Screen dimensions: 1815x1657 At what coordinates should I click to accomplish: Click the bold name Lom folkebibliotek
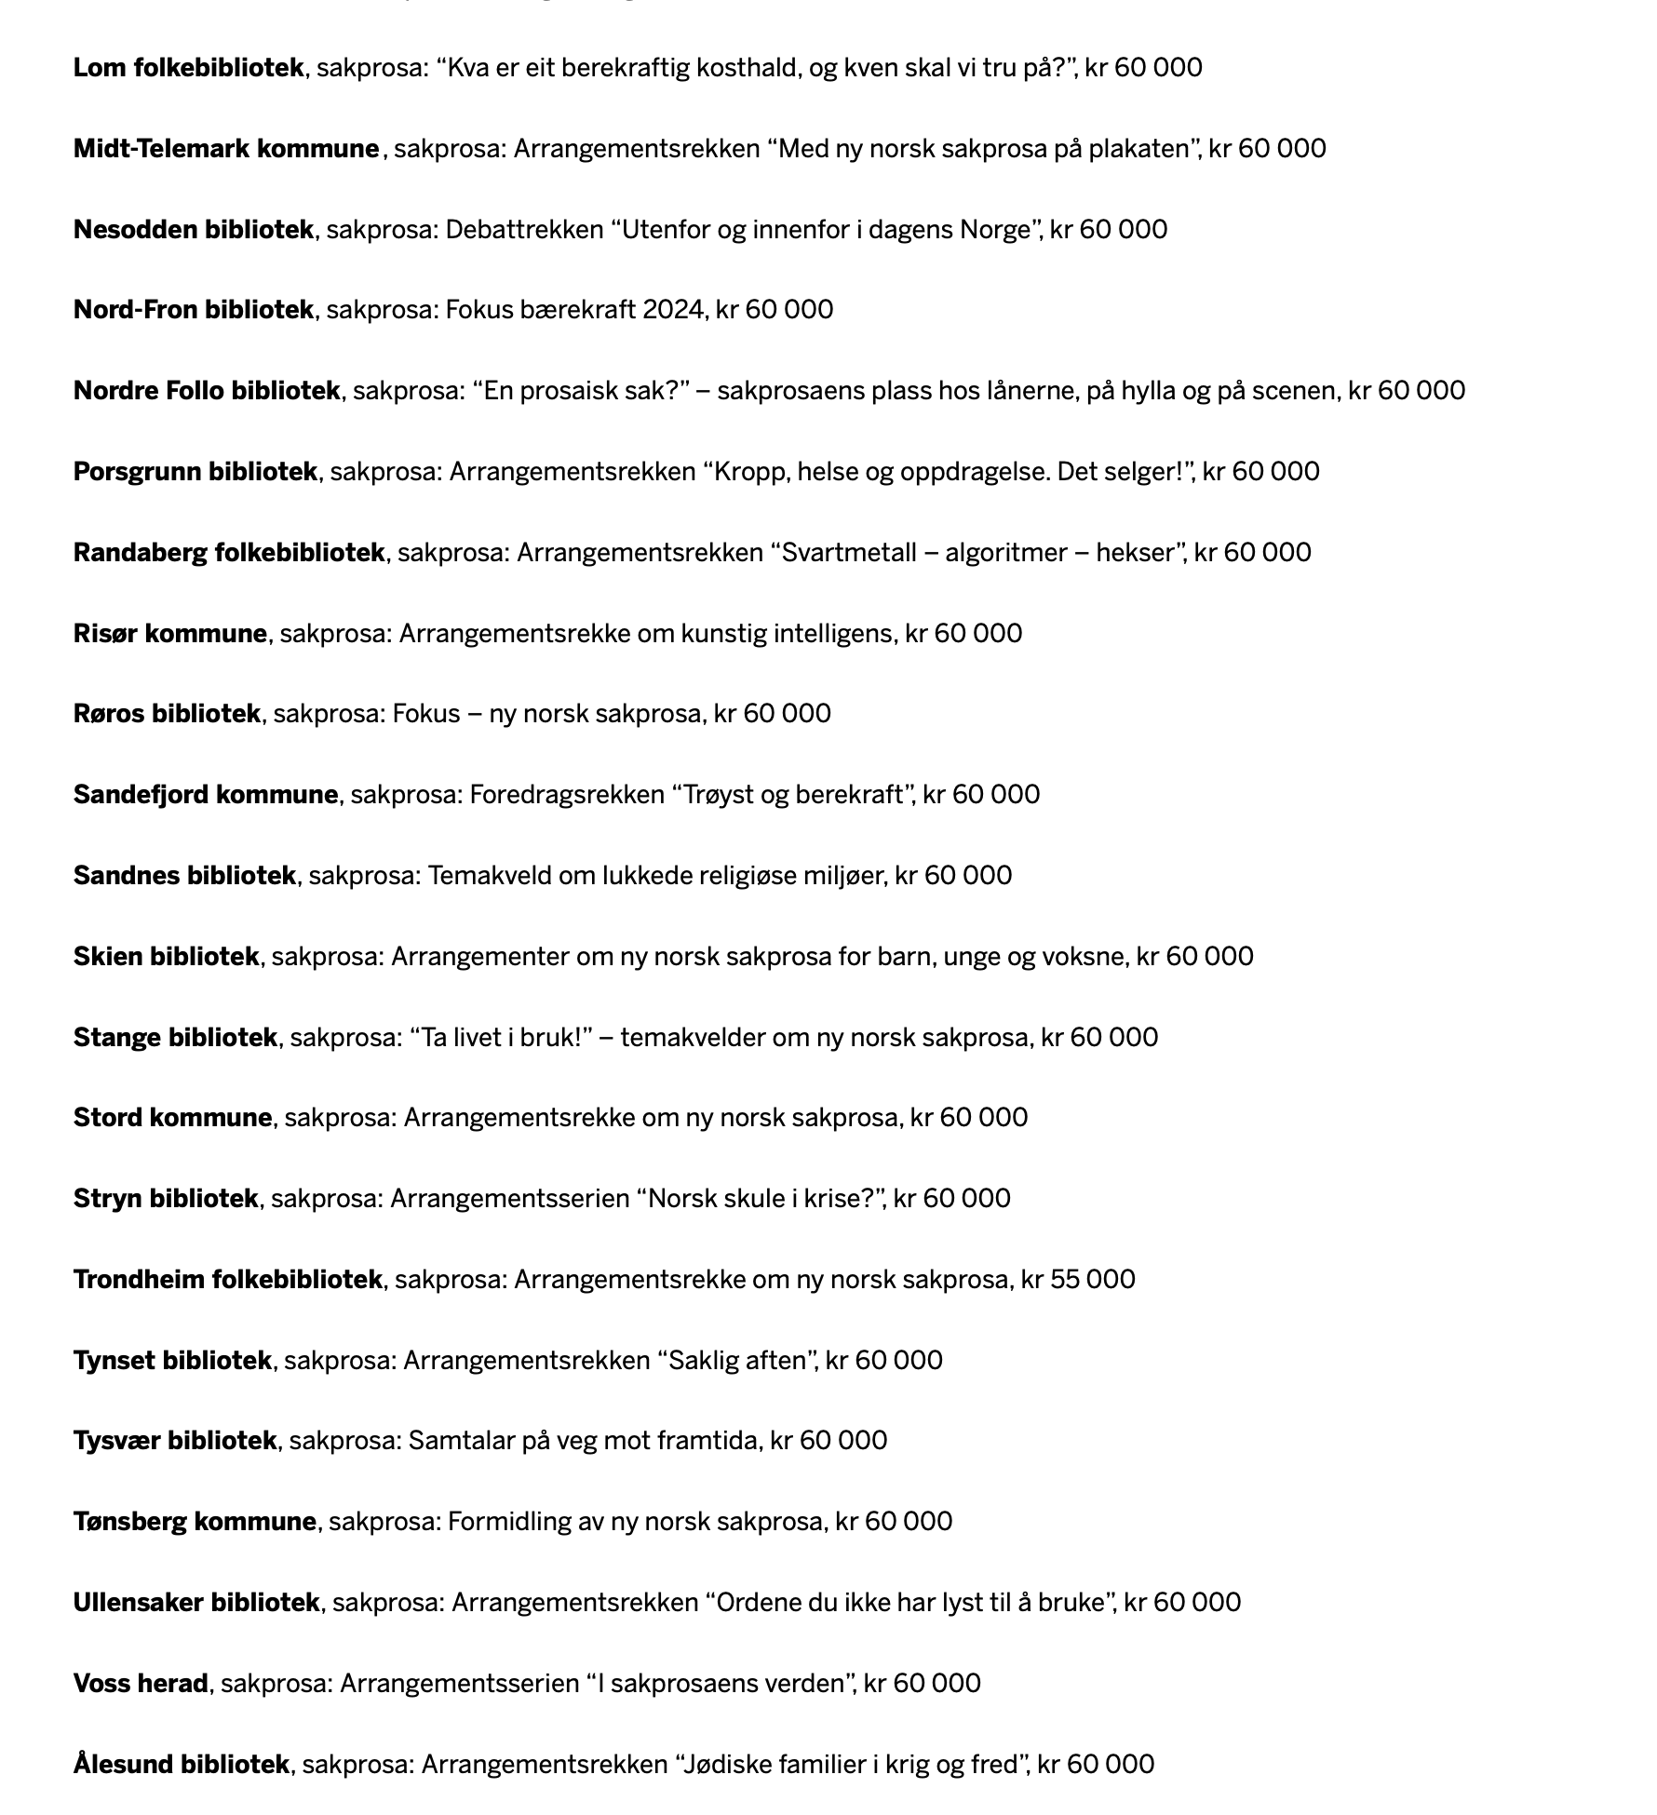coord(188,68)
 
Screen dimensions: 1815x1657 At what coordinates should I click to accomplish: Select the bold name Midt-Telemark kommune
coord(226,149)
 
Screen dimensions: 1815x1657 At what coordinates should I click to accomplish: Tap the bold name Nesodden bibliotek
coord(194,230)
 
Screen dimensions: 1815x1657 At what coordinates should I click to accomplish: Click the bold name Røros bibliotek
coord(167,714)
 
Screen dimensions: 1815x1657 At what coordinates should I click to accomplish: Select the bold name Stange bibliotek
coord(175,1038)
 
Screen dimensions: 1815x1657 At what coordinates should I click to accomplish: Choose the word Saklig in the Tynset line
coord(704,1361)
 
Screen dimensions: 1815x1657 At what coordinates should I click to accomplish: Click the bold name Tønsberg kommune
coord(195,1522)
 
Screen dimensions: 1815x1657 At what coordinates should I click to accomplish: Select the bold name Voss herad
coord(141,1684)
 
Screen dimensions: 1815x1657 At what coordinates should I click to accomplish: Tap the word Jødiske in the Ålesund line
coord(728,1765)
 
